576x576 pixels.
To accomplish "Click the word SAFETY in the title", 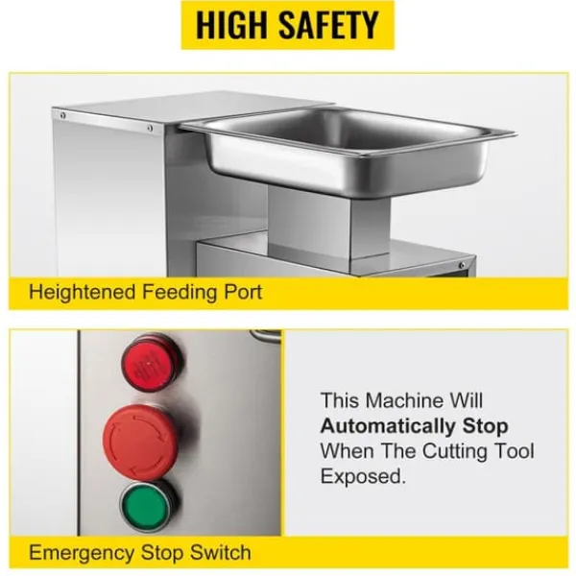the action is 328,25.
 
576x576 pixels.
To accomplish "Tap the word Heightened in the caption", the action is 83,293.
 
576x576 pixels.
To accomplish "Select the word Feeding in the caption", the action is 180,293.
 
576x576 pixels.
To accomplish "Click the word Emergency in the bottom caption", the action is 82,553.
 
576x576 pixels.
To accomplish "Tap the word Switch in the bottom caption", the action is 221,552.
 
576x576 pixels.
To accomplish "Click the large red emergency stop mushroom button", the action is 140,442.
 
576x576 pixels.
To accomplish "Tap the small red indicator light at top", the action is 152,362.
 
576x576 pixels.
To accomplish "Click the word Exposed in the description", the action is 363,476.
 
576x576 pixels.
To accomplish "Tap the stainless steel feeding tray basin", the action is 348,151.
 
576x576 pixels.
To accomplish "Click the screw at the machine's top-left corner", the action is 63,116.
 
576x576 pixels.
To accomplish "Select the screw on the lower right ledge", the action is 462,265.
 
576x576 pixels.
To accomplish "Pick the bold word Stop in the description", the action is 485,426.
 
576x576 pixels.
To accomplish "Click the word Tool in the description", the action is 515,451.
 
